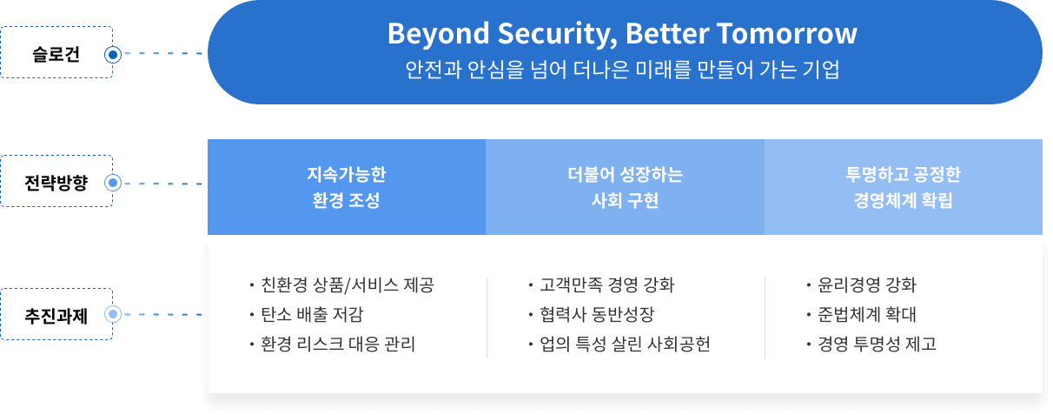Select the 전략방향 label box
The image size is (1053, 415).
56,183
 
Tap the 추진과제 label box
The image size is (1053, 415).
56,313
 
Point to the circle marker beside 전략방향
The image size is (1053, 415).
111,184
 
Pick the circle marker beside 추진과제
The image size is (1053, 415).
111,313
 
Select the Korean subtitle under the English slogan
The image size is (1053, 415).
622,70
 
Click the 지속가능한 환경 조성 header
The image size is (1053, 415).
346,187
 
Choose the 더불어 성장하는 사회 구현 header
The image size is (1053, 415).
624,187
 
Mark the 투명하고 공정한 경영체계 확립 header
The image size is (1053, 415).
903,187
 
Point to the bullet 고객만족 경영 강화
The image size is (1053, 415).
606,285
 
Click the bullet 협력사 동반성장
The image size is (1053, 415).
596,315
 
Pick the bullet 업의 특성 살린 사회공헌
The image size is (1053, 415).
625,345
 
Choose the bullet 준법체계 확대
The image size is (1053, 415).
867,315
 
